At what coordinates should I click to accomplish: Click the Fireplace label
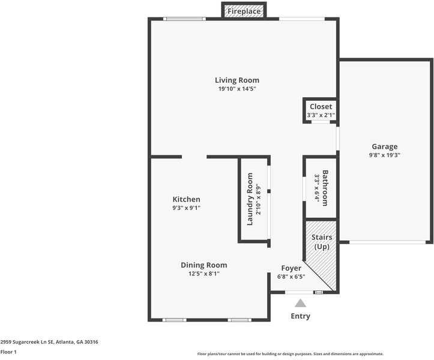tap(244, 11)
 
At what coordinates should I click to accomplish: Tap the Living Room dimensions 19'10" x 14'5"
tap(237, 89)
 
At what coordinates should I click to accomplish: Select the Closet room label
tap(321, 107)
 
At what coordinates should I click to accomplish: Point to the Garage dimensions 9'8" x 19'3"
tap(384, 155)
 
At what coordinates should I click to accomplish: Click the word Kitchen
tap(186, 199)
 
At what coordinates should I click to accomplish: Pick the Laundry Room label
tap(250, 199)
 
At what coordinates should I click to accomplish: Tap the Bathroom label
tap(325, 188)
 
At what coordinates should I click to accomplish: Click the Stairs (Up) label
tap(322, 242)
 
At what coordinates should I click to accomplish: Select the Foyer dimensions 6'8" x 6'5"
tap(291, 277)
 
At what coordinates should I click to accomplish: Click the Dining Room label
tap(204, 265)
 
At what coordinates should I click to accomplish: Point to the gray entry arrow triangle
tap(300, 303)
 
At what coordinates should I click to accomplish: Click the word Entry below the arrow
tap(300, 316)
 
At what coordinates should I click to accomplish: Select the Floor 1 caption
tap(8, 352)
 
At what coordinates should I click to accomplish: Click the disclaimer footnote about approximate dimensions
tap(291, 353)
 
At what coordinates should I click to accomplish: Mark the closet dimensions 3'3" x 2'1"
tap(321, 115)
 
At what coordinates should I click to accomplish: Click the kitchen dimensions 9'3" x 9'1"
tap(186, 208)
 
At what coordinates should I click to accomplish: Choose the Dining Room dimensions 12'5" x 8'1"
tap(204, 274)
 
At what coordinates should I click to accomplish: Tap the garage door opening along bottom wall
tap(387, 242)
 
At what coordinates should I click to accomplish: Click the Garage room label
tap(384, 146)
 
